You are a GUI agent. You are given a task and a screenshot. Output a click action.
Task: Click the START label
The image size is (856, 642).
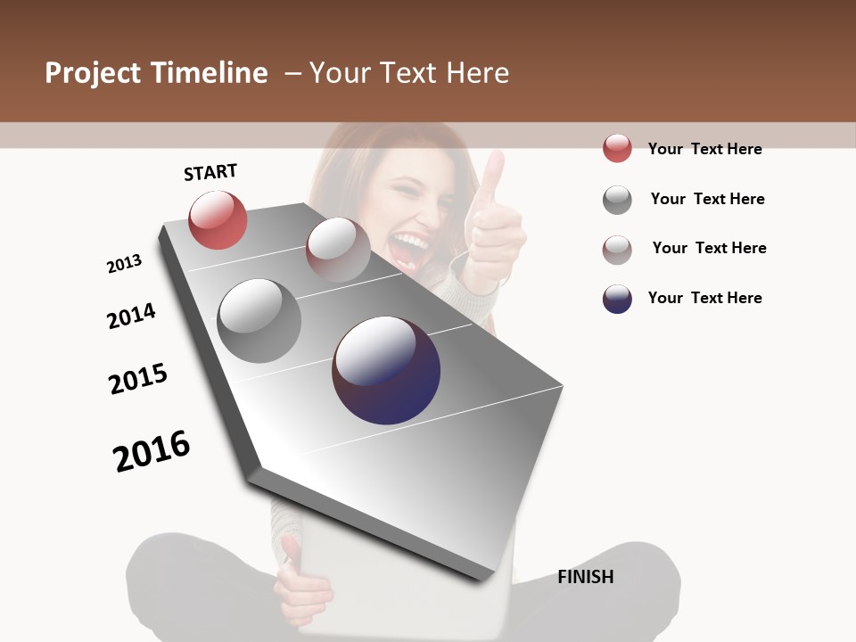tap(210, 172)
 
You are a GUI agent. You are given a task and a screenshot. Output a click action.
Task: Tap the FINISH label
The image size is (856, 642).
tap(585, 577)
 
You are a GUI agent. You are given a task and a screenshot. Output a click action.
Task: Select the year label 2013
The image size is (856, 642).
tap(124, 264)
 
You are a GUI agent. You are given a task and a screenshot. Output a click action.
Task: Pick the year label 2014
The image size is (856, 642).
tap(131, 316)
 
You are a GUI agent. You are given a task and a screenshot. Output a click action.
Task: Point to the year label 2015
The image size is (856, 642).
tap(138, 379)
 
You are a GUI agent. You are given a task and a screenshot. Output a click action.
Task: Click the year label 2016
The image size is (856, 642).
tap(152, 451)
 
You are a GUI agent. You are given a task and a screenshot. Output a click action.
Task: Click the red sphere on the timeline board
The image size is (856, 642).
tap(218, 219)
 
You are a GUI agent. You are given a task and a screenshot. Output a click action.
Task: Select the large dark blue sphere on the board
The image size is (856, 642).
tap(386, 370)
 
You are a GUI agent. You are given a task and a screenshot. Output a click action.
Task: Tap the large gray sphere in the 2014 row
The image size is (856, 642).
tap(259, 321)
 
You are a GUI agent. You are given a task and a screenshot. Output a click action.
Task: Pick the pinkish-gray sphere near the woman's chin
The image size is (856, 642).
tap(338, 250)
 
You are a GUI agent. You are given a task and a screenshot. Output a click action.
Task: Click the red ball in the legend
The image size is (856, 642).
tap(617, 149)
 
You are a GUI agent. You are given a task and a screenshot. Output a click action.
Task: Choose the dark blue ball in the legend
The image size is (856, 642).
tap(617, 299)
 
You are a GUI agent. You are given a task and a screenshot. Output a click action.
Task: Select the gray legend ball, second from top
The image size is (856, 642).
tap(617, 200)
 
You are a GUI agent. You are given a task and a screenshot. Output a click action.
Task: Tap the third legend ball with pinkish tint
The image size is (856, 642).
tap(617, 250)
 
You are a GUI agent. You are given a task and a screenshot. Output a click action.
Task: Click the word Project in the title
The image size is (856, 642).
tap(94, 73)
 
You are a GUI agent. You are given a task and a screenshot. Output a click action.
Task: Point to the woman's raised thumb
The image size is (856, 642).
tap(492, 174)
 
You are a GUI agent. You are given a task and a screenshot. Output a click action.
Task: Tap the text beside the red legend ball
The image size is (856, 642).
tap(704, 149)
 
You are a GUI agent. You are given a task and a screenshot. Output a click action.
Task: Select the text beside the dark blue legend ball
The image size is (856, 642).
tap(704, 298)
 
